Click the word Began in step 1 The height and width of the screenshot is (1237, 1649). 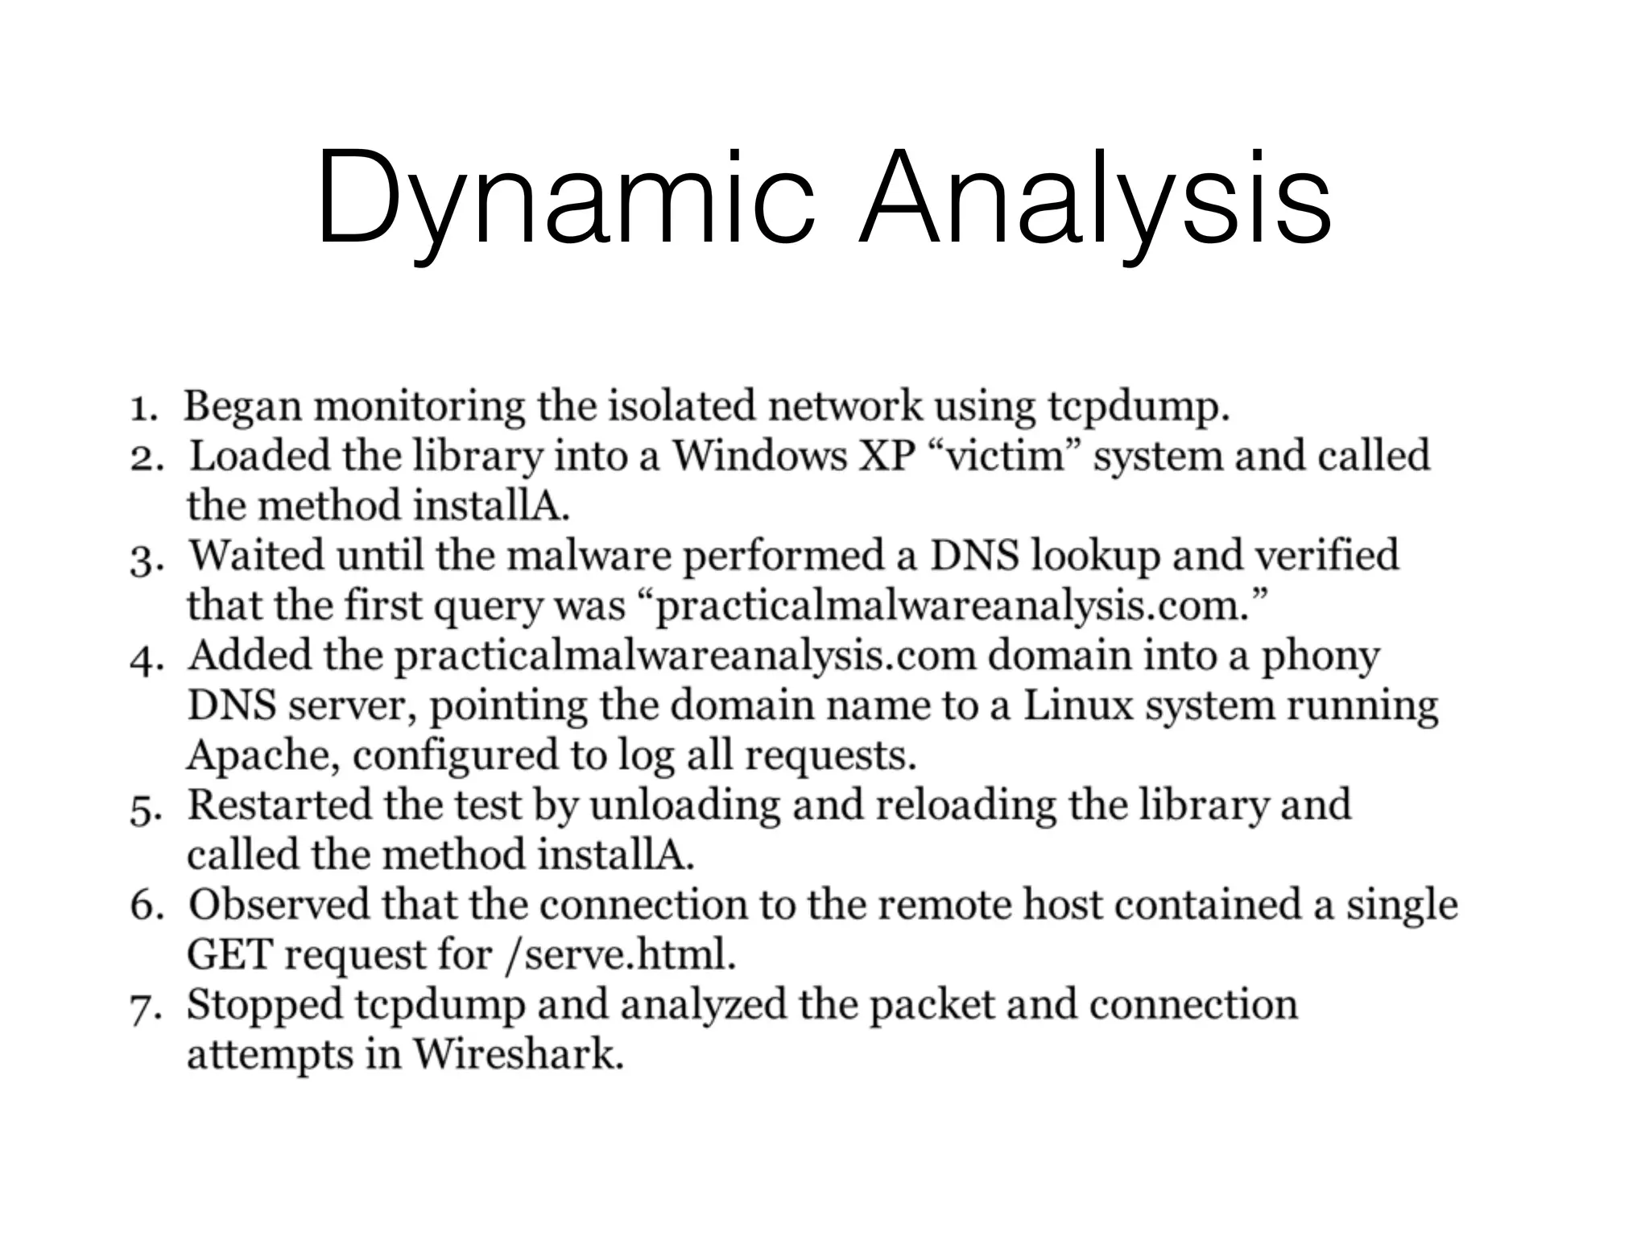[242, 407]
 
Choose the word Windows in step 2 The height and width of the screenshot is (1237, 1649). [759, 456]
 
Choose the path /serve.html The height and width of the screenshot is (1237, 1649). [621, 956]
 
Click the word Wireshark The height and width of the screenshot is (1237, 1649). [519, 1054]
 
